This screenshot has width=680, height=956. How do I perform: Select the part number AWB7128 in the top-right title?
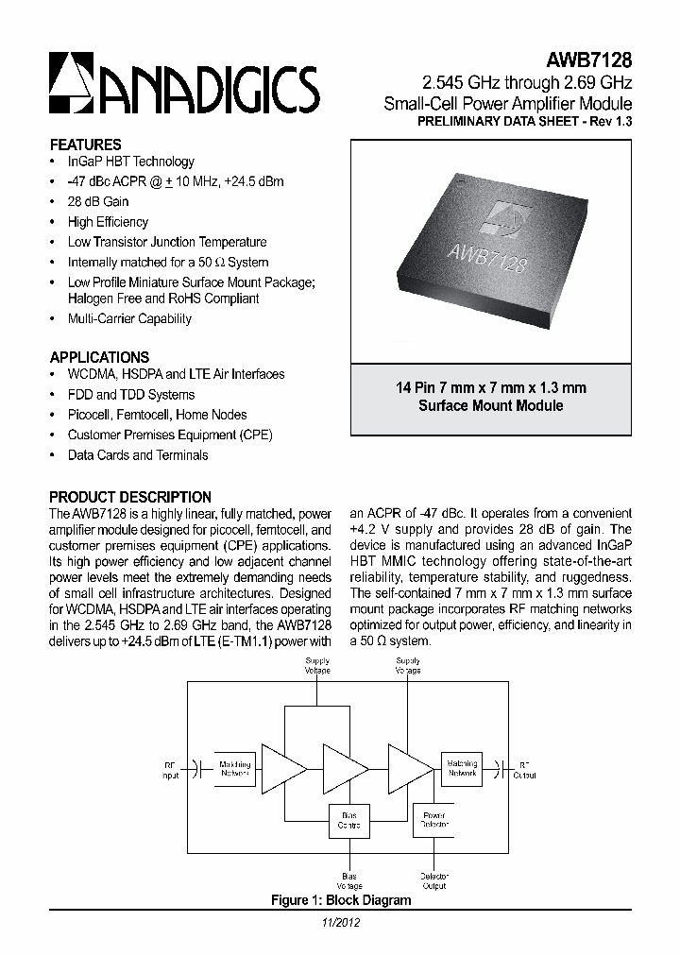[x=591, y=60]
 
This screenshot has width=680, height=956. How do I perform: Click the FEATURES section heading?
[x=85, y=145]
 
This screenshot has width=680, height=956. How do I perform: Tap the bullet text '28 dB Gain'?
[x=98, y=201]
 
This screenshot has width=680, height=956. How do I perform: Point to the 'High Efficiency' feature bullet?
[x=108, y=222]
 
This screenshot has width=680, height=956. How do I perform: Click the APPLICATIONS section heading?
[x=99, y=357]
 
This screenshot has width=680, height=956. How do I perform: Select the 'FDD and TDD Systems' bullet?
[x=131, y=395]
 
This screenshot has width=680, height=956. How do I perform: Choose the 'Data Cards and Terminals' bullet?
[x=138, y=455]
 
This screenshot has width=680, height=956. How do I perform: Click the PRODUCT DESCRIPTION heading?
[x=130, y=497]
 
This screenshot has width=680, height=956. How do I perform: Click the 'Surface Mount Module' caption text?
[x=490, y=405]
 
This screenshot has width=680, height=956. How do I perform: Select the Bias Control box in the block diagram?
[x=344, y=819]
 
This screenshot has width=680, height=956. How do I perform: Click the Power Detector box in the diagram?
[x=434, y=819]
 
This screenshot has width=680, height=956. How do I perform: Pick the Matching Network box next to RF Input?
[x=234, y=768]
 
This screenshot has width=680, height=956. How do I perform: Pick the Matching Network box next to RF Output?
[x=462, y=768]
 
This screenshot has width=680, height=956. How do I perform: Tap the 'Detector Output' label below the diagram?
[x=434, y=880]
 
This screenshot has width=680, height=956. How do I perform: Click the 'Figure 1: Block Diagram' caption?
[x=340, y=900]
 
